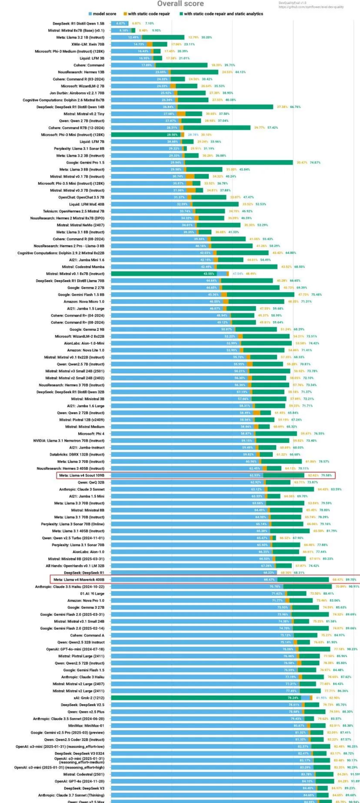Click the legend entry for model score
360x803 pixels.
click(x=104, y=14)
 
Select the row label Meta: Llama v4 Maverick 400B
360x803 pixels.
click(x=79, y=580)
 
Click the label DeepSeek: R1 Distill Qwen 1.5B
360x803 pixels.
click(x=78, y=23)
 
